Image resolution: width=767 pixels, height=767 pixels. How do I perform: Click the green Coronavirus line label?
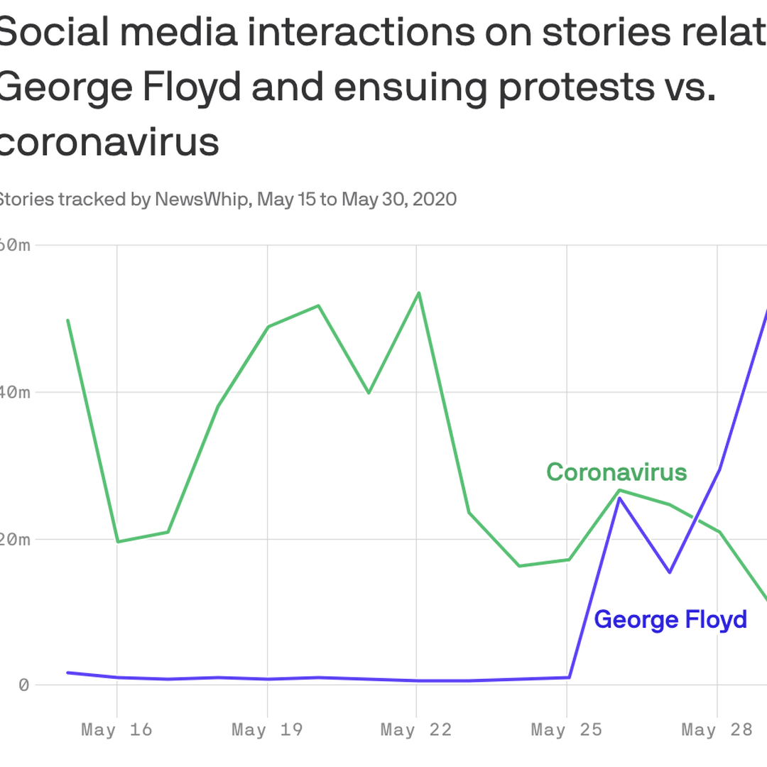(616, 472)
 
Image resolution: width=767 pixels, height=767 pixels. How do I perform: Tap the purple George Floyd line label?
(670, 619)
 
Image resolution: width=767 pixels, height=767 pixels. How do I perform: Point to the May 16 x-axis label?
(116, 729)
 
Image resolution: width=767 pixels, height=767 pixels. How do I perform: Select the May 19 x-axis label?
(267, 729)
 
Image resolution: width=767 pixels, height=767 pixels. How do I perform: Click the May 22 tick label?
(416, 729)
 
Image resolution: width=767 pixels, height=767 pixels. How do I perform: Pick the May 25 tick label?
(566, 729)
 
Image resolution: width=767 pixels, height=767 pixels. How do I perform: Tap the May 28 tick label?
(716, 729)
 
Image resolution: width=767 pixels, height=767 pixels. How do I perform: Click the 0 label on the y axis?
(24, 685)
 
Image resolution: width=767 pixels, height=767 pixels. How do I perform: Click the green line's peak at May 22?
(418, 293)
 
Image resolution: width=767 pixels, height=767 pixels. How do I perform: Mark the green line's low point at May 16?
(117, 542)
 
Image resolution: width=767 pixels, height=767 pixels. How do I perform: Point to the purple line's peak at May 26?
(619, 498)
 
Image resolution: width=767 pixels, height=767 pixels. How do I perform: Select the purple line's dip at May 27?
(669, 572)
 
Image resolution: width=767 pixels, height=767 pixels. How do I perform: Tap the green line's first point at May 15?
(67, 320)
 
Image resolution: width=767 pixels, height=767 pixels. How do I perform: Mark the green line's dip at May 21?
(369, 393)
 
